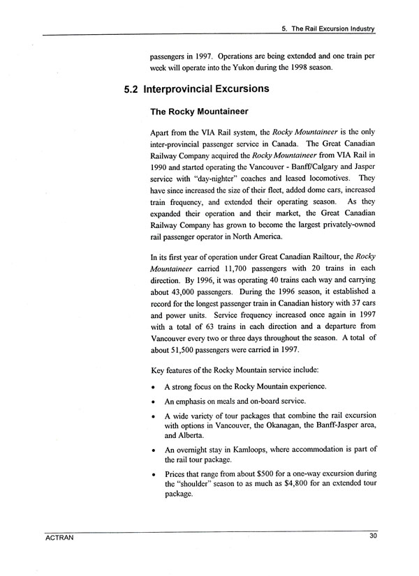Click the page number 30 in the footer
(x=371, y=536)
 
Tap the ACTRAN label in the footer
(x=57, y=536)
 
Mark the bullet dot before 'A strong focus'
(x=153, y=386)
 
